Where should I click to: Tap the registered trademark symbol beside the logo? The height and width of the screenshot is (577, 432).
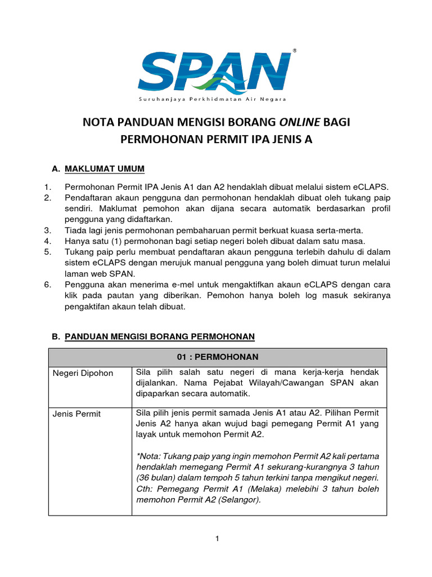pyautogui.click(x=295, y=51)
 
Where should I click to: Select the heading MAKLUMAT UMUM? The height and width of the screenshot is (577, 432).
pyautogui.click(x=105, y=168)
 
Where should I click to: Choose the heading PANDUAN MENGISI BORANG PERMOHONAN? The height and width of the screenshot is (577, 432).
pyautogui.click(x=160, y=336)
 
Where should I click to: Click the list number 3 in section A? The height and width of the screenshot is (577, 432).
pyautogui.click(x=47, y=230)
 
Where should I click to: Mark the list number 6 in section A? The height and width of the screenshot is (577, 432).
pyautogui.click(x=47, y=285)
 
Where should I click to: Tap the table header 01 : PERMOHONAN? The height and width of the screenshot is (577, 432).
pyautogui.click(x=218, y=357)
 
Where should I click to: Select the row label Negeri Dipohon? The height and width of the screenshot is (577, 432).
pyautogui.click(x=83, y=373)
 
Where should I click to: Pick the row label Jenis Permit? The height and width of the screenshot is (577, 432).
pyautogui.click(x=76, y=414)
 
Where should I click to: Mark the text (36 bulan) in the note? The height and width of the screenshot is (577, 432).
pyautogui.click(x=155, y=478)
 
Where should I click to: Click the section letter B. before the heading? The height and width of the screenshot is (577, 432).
pyautogui.click(x=55, y=336)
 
